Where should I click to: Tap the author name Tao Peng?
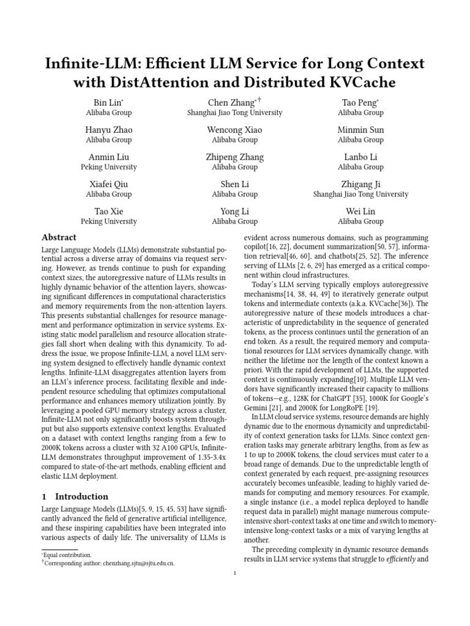pyautogui.click(x=360, y=103)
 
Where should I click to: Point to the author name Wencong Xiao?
pyautogui.click(x=234, y=130)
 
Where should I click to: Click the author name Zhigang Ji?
pyautogui.click(x=360, y=184)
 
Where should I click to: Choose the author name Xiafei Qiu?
pyautogui.click(x=108, y=184)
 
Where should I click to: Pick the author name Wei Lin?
pyautogui.click(x=360, y=212)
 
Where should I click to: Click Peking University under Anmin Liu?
pyautogui.click(x=108, y=167)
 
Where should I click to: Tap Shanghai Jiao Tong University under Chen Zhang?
pyautogui.click(x=234, y=112)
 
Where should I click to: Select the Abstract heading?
pyautogui.click(x=59, y=238)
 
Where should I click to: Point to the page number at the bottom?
pyautogui.click(x=235, y=573)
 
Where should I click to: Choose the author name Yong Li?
pyautogui.click(x=234, y=212)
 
